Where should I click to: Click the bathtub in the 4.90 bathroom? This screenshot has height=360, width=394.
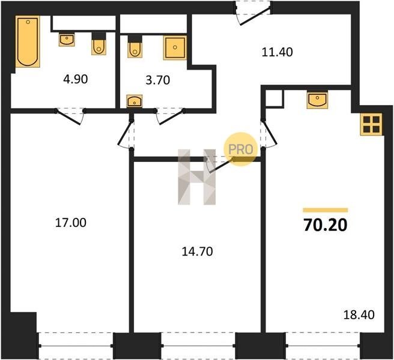28,41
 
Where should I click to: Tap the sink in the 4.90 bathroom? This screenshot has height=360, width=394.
67,40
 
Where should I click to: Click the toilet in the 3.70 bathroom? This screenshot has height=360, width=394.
135,47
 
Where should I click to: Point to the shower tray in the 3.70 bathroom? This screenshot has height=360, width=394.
175,47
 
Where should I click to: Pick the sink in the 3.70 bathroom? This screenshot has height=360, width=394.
135,101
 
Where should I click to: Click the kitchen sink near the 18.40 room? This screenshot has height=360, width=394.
317,100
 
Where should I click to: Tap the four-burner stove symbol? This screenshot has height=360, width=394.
371,124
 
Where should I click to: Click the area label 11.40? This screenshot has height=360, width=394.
277,52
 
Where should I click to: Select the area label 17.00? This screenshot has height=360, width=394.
71,223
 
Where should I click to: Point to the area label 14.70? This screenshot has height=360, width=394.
197,251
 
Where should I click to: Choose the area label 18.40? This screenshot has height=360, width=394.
359,315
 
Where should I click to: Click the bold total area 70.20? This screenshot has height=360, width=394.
326,225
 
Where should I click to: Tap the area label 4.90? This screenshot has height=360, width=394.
76,79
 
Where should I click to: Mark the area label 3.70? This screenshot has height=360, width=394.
158,80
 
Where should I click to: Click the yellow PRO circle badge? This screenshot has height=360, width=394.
241,149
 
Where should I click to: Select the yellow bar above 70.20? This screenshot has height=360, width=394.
326,210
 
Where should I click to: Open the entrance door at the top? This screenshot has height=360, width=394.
254,13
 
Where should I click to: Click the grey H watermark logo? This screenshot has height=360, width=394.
197,177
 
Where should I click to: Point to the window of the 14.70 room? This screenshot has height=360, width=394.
198,346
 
